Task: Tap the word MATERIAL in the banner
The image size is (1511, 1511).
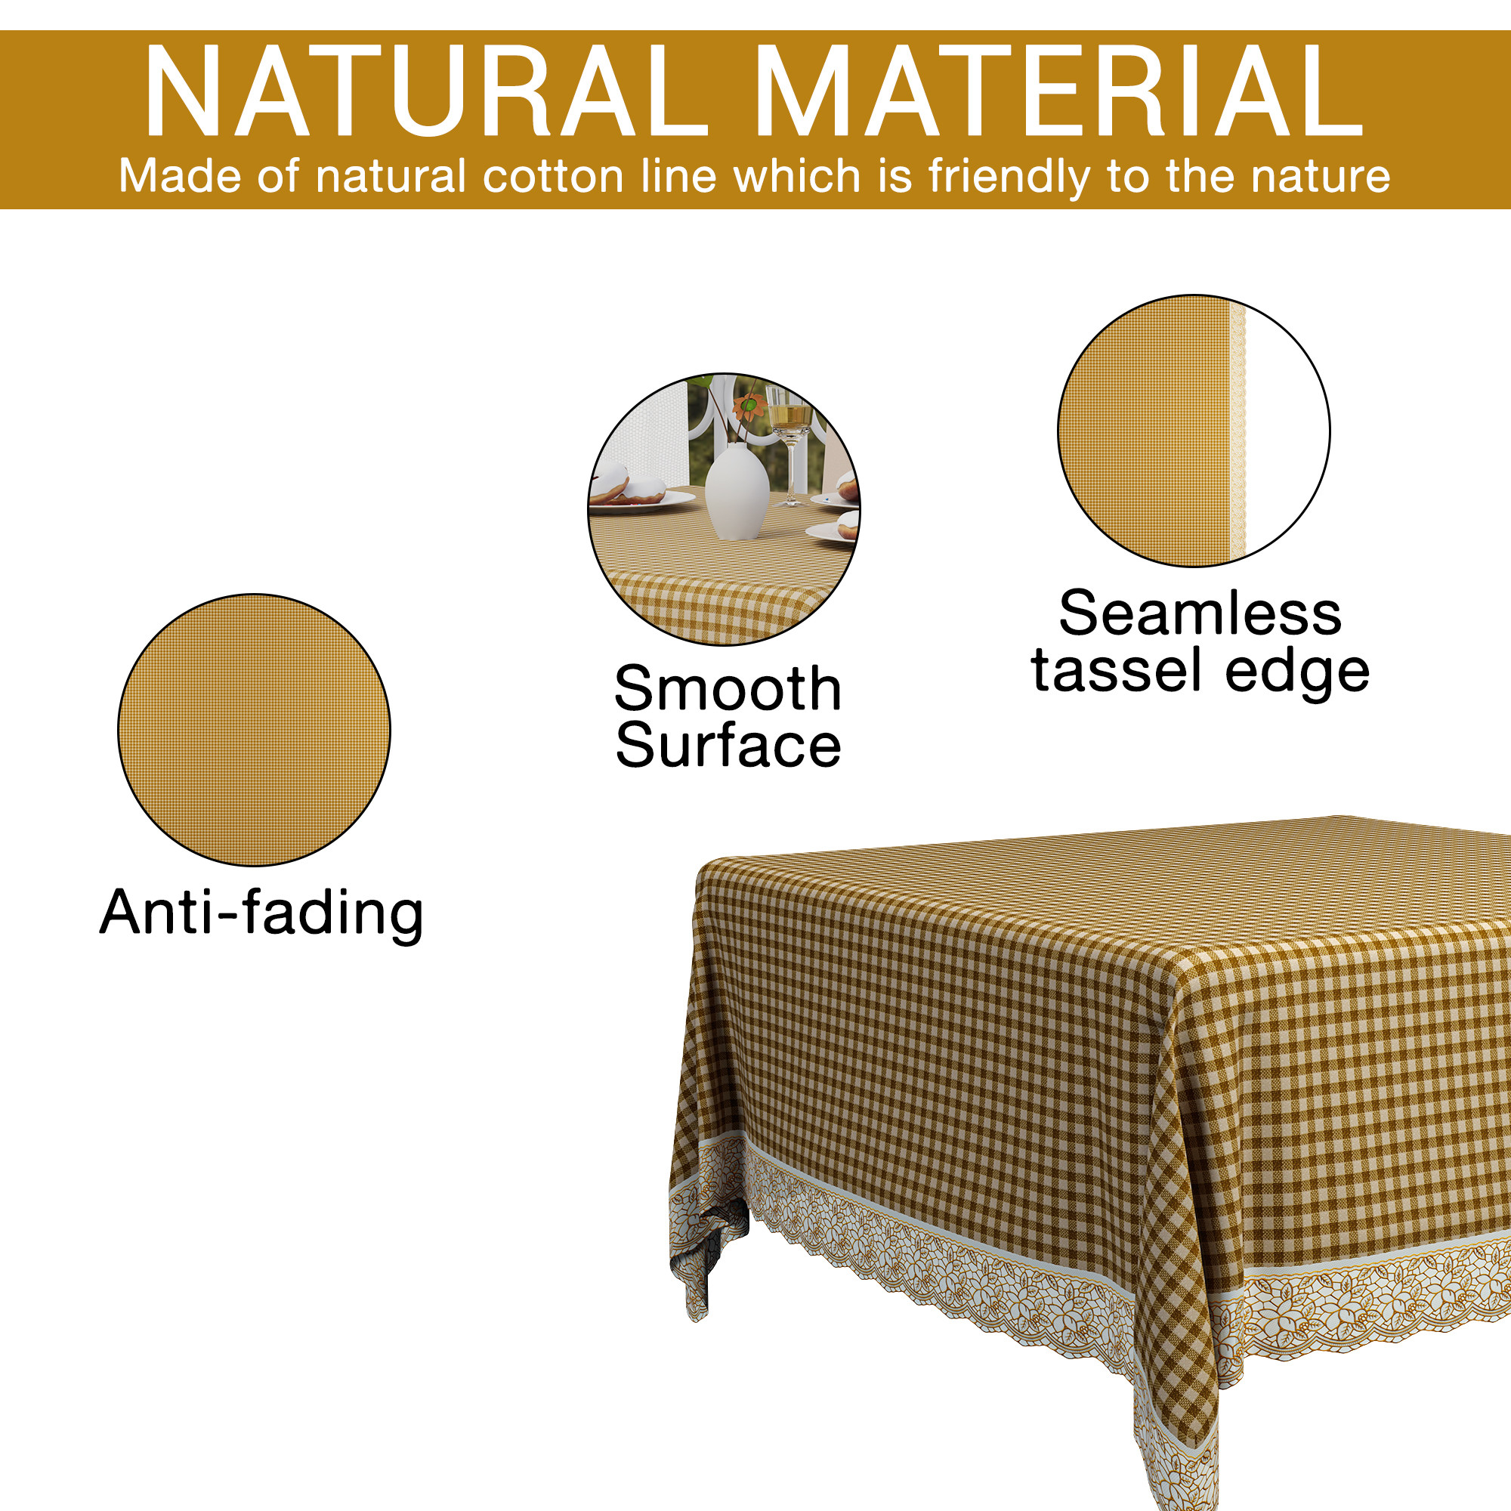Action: tap(1058, 92)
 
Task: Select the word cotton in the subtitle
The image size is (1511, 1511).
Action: tap(553, 176)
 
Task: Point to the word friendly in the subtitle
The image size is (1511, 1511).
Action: tap(1009, 178)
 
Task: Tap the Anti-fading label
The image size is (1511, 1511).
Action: tap(261, 913)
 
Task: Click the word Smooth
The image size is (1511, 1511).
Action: tap(728, 689)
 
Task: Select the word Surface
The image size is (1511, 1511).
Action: tap(728, 746)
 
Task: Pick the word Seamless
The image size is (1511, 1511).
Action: tap(1200, 613)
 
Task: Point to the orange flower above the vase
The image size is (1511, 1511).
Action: tap(749, 405)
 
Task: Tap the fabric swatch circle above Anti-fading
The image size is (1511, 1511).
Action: tap(254, 730)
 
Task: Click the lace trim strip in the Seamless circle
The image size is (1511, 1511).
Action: tap(1238, 430)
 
